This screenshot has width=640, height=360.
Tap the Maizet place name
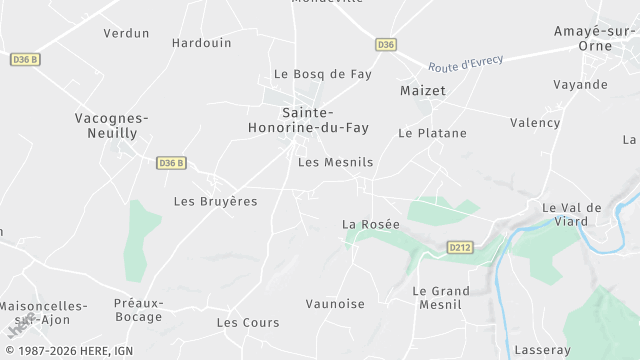tap(422, 91)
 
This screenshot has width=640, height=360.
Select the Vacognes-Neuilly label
tap(112, 125)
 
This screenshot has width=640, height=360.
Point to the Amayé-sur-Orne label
tap(595, 39)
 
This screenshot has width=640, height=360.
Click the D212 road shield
tap(459, 247)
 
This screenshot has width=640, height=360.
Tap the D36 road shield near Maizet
tap(386, 45)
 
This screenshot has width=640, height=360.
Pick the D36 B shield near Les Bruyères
tap(171, 163)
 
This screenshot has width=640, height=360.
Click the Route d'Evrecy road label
tap(465, 63)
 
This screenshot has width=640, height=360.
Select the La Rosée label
tap(370, 224)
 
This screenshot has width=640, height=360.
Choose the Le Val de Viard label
tap(571, 215)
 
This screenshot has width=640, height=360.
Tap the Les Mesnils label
tap(335, 162)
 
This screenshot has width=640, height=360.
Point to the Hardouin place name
tap(201, 43)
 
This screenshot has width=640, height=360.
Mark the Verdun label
tap(126, 33)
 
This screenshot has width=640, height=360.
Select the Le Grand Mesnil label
tap(441, 298)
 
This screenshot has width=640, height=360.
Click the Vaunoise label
tap(335, 303)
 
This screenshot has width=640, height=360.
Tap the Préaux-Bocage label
tap(138, 310)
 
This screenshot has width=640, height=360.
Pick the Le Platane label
tap(432, 132)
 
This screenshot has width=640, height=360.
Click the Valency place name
tap(535, 123)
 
